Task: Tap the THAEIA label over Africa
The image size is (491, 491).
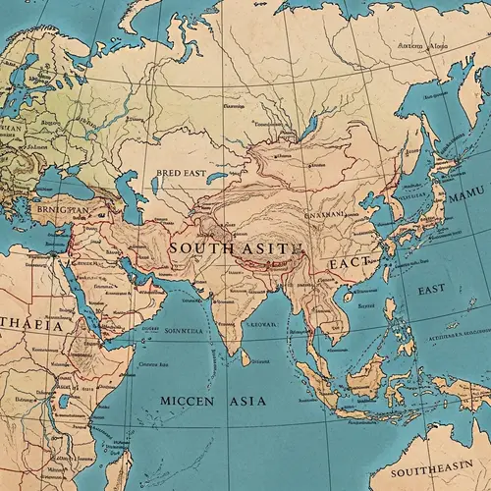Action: click(31, 325)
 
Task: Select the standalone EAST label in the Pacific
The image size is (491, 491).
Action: click(431, 291)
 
